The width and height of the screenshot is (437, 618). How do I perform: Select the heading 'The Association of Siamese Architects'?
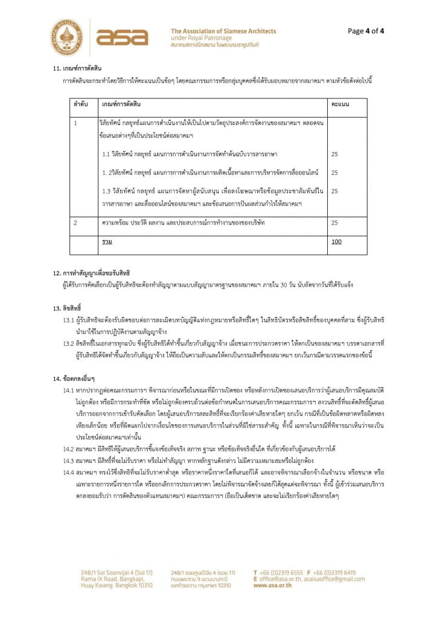pos(223,31)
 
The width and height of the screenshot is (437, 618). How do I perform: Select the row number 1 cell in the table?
pos(76,124)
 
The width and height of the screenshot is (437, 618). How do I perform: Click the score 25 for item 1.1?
pos(334,154)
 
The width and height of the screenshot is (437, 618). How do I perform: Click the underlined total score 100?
pos(336,241)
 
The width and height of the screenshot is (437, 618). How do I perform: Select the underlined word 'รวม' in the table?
pos(106,241)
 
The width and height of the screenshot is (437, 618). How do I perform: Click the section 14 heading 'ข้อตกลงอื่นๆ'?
pos(71,378)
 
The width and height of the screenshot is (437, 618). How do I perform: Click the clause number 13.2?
pos(69,343)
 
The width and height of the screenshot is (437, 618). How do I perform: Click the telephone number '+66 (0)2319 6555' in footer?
pos(281,572)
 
